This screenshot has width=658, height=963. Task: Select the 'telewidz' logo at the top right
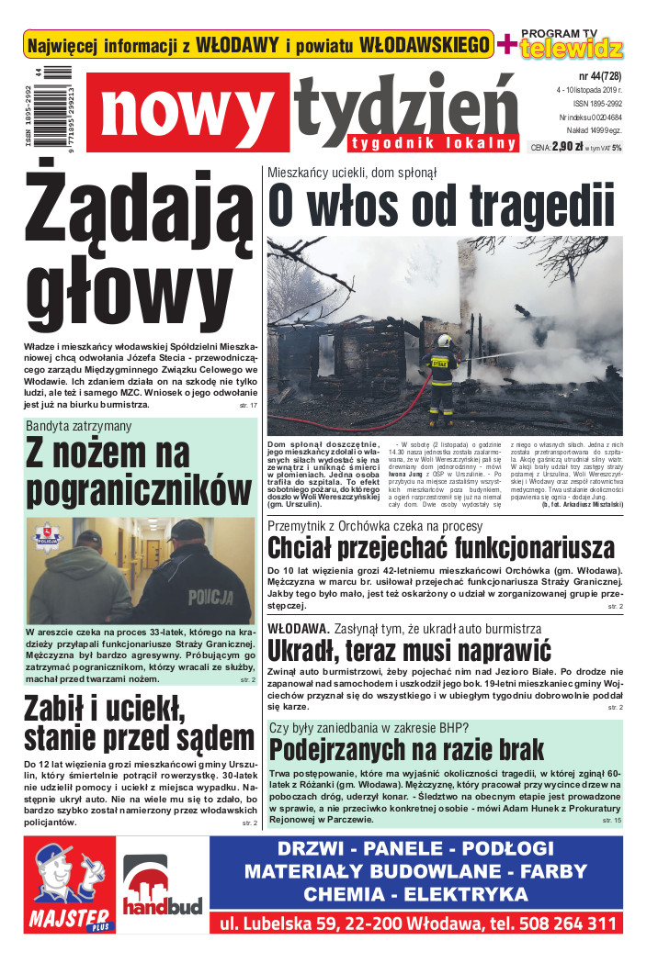tap(571, 48)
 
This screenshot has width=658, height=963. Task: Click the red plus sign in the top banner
tap(505, 44)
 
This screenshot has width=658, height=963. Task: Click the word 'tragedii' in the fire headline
tap(542, 205)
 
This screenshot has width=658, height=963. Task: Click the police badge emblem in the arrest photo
tap(44, 536)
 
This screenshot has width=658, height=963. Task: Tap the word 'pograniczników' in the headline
tap(138, 490)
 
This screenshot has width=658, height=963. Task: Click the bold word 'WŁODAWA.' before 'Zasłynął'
tap(299, 628)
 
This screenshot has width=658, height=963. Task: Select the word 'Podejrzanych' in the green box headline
tap(344, 749)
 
